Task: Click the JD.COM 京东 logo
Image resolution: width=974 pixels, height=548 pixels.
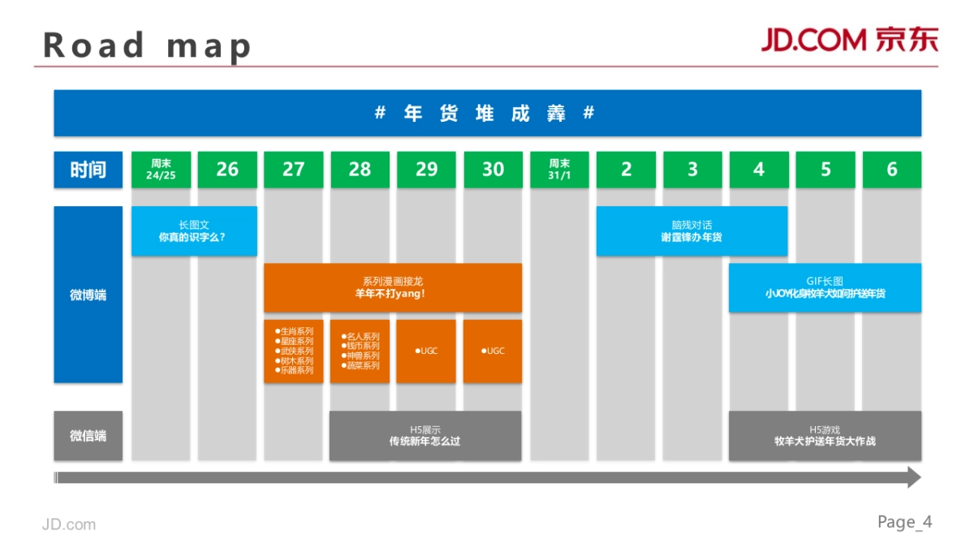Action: click(849, 40)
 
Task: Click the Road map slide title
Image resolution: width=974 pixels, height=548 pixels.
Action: click(147, 45)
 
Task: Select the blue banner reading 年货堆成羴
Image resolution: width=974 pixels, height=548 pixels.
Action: click(487, 113)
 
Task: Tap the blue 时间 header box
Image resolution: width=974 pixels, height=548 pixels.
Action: click(88, 170)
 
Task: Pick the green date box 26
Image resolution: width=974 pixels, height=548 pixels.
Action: click(227, 170)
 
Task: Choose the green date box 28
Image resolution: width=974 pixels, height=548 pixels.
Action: click(360, 170)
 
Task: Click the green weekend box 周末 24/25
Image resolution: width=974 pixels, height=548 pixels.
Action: click(161, 170)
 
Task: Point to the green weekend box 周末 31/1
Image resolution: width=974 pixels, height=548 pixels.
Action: click(559, 170)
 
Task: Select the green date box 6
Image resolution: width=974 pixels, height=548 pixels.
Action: click(891, 170)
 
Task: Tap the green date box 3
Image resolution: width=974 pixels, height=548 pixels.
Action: click(692, 170)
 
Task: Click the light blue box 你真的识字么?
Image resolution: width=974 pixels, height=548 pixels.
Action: click(194, 231)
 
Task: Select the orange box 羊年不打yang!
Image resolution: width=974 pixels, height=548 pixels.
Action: click(392, 287)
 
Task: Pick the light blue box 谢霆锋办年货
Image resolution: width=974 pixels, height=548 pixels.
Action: click(692, 231)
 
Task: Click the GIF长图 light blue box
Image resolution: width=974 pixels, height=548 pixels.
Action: click(825, 287)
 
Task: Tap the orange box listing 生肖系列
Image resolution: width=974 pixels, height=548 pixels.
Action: click(293, 352)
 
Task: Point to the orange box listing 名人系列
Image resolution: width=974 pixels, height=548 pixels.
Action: click(360, 352)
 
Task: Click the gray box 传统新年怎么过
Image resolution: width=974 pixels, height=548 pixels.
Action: click(425, 436)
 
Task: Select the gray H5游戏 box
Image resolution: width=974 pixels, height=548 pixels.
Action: click(825, 436)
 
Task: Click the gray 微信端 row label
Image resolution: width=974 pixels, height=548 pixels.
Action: click(88, 436)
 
